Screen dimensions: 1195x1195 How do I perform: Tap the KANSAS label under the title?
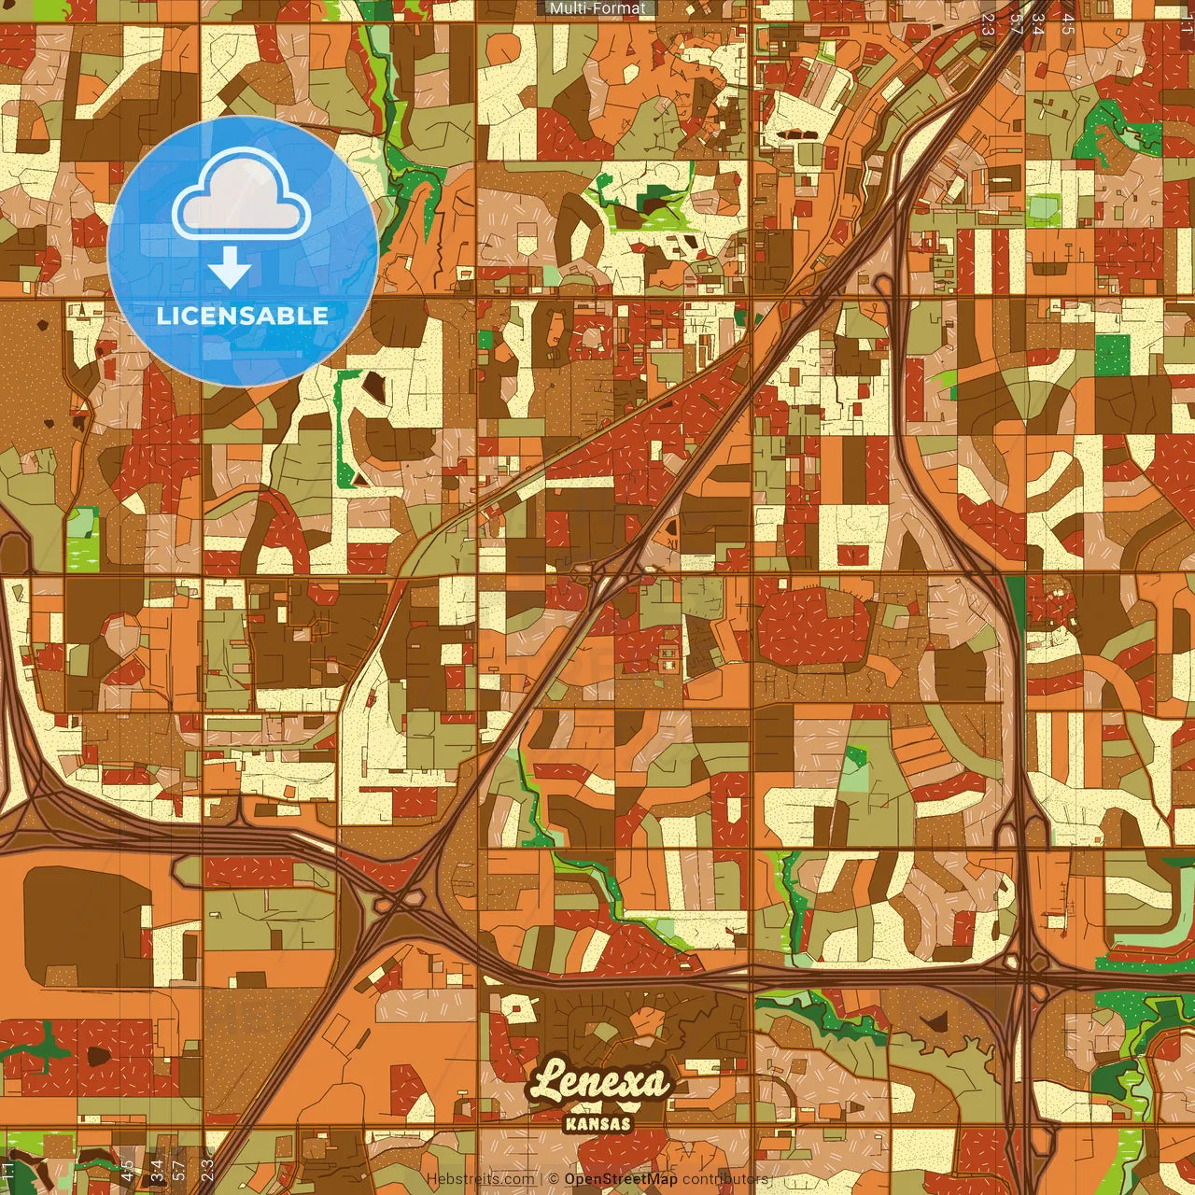tap(598, 1124)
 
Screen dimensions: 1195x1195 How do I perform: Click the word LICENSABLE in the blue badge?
tap(243, 316)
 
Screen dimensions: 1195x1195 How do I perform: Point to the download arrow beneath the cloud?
tap(230, 269)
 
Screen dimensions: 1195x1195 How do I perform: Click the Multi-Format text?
tap(597, 8)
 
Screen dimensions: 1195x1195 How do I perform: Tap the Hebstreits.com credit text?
tap(481, 1179)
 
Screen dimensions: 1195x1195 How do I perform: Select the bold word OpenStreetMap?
tap(621, 1179)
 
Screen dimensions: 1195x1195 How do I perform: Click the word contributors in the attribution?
tap(725, 1179)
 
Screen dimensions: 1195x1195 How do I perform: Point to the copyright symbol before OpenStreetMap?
tap(554, 1179)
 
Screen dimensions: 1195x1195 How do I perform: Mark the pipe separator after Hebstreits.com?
tap(541, 1179)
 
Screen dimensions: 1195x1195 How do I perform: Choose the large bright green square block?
tap(1112, 355)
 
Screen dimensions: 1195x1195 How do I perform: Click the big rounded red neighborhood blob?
tap(811, 624)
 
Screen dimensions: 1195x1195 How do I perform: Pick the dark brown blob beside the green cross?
tap(97, 1057)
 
